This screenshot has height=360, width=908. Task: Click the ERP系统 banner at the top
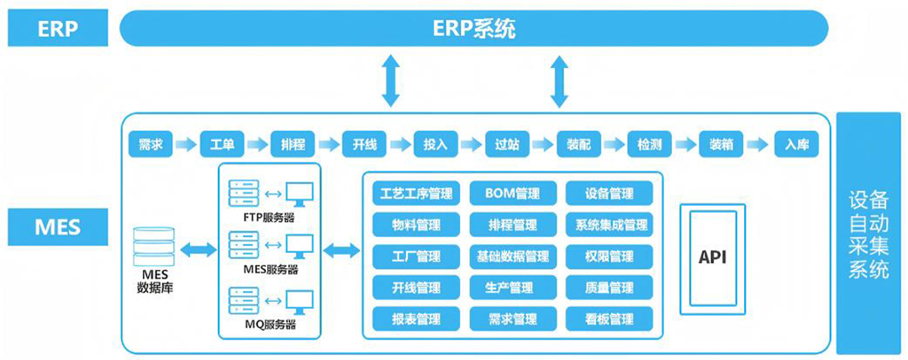[x=474, y=29]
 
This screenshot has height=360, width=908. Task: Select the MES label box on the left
[x=57, y=227]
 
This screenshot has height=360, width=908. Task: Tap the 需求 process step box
[x=151, y=144]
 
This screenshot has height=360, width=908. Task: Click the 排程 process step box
[x=293, y=144]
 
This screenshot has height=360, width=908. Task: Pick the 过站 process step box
[x=508, y=144]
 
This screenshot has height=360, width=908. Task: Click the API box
[x=712, y=257]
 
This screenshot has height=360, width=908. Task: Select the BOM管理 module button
[x=513, y=193]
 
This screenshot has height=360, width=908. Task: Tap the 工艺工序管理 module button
[x=416, y=193]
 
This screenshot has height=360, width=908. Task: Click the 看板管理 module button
[x=610, y=319]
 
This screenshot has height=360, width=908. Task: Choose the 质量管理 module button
[x=610, y=288]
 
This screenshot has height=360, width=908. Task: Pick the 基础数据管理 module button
[x=513, y=256]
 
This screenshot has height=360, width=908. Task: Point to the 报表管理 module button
[x=416, y=319]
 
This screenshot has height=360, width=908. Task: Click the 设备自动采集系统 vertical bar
[x=868, y=234]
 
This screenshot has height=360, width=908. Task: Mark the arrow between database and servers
[x=198, y=249]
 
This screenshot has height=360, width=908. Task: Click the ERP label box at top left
[x=57, y=29]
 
